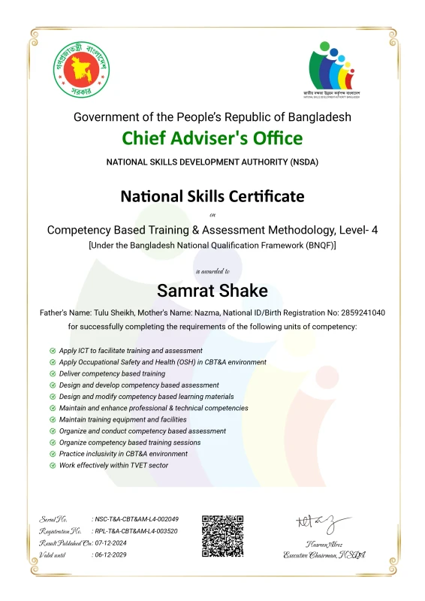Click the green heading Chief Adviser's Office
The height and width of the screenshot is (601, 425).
(x=212, y=138)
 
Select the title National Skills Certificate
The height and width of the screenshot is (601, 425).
(x=212, y=196)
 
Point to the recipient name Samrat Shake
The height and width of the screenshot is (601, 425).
(x=212, y=289)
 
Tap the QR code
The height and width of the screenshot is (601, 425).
(x=223, y=536)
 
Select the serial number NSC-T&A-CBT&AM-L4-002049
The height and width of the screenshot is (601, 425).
(x=135, y=519)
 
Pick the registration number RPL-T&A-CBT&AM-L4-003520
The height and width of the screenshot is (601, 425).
(x=135, y=530)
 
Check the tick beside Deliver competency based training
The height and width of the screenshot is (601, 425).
(x=53, y=373)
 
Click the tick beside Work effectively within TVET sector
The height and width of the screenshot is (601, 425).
(x=53, y=465)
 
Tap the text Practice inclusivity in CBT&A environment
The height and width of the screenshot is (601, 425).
(x=123, y=454)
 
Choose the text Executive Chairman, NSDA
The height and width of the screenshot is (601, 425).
(x=324, y=554)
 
